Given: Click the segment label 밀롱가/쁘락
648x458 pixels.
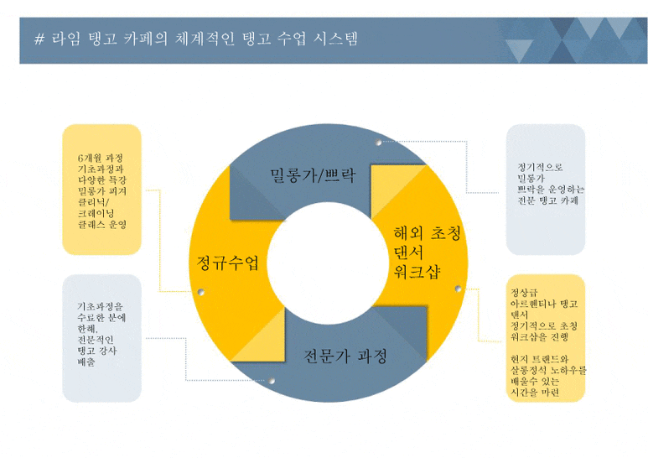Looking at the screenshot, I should tap(313, 175).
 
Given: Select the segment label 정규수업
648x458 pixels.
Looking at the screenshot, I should tap(222, 263).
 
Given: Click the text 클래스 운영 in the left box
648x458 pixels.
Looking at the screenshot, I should tap(101, 225).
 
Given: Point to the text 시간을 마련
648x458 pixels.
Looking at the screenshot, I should tap(534, 392).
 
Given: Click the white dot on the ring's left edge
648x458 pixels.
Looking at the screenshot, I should tap(201, 292).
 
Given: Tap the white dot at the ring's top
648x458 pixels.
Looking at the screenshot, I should tap(380, 143).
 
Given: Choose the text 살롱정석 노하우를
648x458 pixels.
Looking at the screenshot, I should tap(547, 369).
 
